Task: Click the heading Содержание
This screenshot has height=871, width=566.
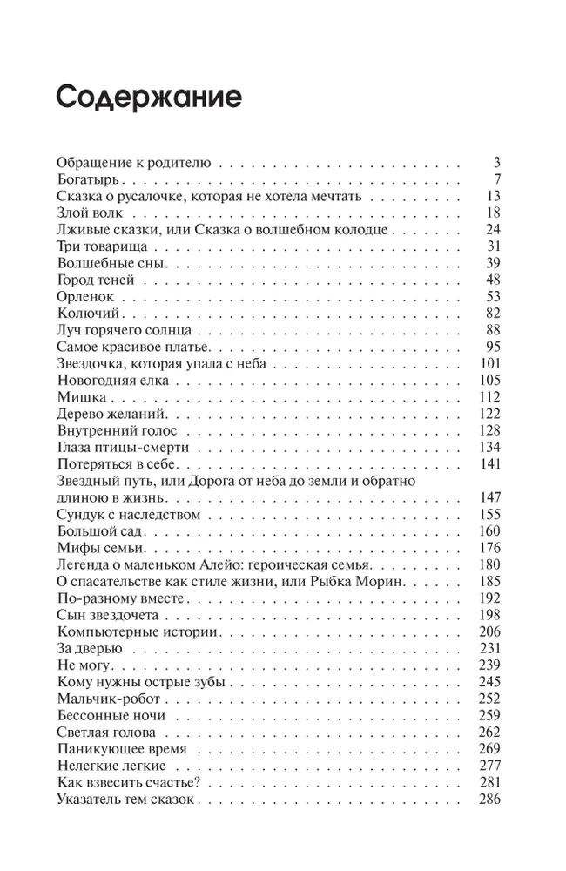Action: tap(148, 97)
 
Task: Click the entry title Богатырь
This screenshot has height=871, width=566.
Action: tap(87, 179)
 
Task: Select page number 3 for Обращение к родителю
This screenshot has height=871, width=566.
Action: tap(497, 162)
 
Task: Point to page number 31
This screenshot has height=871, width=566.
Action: tap(493, 246)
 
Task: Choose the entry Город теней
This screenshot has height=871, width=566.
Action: tap(94, 280)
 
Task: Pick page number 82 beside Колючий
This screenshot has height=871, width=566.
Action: tap(493, 313)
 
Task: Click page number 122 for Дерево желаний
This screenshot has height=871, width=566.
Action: tap(490, 413)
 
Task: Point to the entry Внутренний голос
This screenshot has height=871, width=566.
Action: tap(116, 430)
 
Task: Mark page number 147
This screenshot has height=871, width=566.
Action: tap(490, 497)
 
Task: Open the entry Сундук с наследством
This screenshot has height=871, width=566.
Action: tap(128, 514)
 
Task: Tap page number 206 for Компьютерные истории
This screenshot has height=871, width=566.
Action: tap(490, 631)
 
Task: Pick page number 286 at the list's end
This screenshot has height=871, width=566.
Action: tap(490, 800)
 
